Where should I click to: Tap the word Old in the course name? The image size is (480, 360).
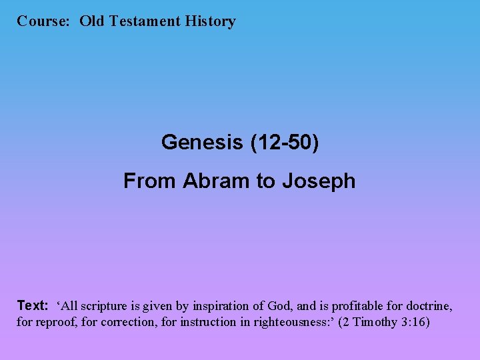click(93, 21)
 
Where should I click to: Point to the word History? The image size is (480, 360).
click(211, 21)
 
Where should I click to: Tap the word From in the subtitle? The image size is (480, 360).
click(150, 181)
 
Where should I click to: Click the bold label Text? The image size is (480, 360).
click(33, 306)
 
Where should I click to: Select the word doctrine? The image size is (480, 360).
click(428, 307)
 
